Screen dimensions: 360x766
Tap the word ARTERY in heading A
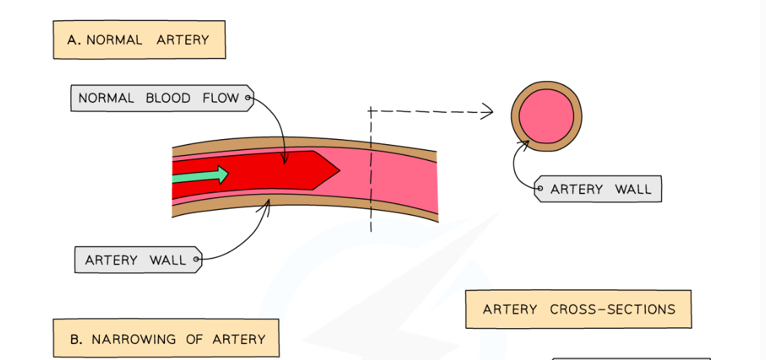pyautogui.click(x=182, y=40)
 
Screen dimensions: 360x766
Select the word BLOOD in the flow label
pyautogui.click(x=168, y=98)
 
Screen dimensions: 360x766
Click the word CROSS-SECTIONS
pyautogui.click(x=613, y=309)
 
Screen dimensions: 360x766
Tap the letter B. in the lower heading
pyautogui.click(x=76, y=339)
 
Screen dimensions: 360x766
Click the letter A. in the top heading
pyautogui.click(x=73, y=40)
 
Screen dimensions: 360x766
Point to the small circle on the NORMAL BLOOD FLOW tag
pyautogui.click(x=248, y=97)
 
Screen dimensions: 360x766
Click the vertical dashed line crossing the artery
pyautogui.click(x=371, y=210)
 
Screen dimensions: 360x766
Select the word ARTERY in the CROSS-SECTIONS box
pyautogui.click(x=510, y=309)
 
